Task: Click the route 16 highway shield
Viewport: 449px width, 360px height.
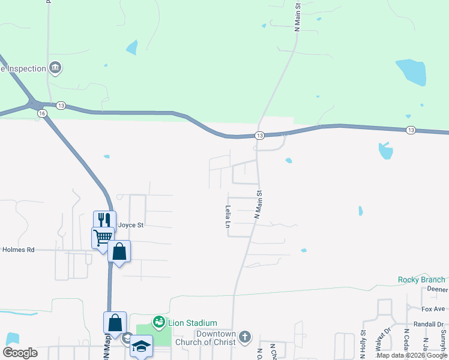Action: (41, 113)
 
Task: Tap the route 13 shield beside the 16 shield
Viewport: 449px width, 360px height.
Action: (61, 106)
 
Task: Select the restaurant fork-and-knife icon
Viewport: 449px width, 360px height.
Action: (104, 220)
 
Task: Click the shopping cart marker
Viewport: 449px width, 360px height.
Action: (103, 237)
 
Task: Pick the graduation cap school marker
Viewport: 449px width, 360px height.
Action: (142, 346)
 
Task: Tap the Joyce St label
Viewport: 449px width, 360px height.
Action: (131, 226)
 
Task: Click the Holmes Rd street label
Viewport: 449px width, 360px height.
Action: (19, 250)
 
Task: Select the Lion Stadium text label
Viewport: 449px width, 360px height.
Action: (192, 323)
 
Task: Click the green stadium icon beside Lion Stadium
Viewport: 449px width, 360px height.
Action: (159, 323)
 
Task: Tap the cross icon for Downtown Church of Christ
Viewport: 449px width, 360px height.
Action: (244, 337)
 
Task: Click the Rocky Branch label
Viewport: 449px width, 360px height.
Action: (421, 280)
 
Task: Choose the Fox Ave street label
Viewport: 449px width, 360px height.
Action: (433, 309)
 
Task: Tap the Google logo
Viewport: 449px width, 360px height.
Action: (20, 353)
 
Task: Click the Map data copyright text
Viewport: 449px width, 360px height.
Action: (412, 356)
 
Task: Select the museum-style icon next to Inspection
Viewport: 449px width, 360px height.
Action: (55, 67)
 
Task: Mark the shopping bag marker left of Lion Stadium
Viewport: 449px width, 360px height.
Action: (115, 322)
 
